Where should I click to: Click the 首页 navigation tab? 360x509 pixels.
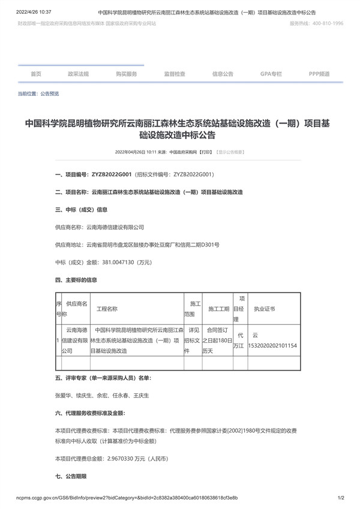36,74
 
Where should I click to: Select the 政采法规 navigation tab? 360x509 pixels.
78,74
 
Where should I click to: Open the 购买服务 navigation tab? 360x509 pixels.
127,74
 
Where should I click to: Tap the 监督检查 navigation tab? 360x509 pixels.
175,74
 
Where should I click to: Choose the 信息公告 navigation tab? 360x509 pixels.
223,74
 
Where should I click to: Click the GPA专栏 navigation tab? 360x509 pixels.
271,74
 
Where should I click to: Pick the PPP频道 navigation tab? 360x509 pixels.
319,74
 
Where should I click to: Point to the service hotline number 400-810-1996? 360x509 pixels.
325,23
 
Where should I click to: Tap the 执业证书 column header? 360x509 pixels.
264,309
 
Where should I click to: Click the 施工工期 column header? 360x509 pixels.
218,309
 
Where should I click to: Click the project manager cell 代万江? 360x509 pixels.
239,341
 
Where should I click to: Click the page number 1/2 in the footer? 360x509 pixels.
341,498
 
